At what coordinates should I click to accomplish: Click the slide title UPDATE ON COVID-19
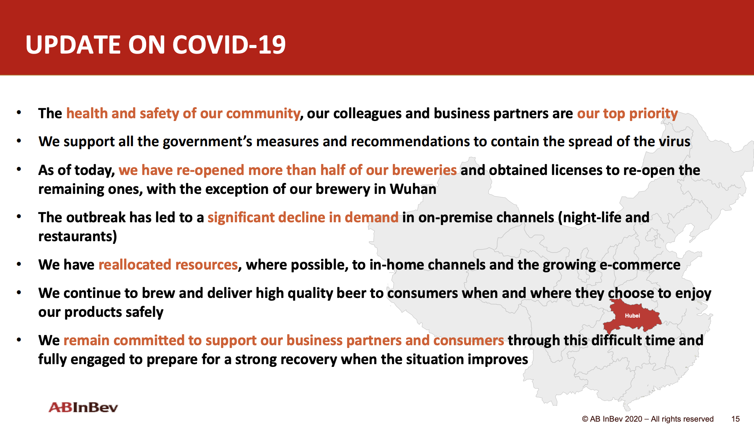[x=156, y=45]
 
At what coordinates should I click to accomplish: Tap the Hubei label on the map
[x=632, y=316]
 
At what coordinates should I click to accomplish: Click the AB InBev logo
[x=83, y=407]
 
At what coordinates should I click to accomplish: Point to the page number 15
[x=735, y=419]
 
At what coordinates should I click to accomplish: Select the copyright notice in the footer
[x=648, y=419]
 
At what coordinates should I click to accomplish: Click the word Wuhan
[x=413, y=189]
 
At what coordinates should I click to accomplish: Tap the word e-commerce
[x=640, y=265]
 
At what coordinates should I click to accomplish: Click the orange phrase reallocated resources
[x=168, y=265]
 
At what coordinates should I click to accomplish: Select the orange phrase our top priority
[x=628, y=113]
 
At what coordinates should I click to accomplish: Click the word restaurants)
[x=78, y=236]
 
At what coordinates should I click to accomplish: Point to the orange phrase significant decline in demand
[x=303, y=218]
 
